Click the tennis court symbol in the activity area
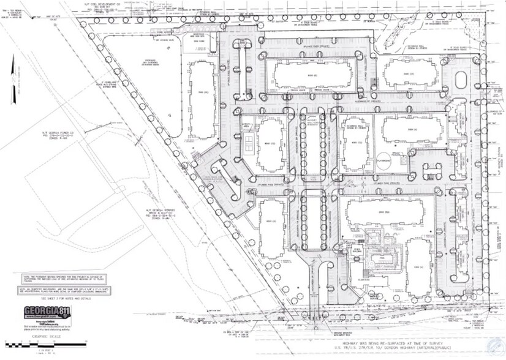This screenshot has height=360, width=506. [250, 144]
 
